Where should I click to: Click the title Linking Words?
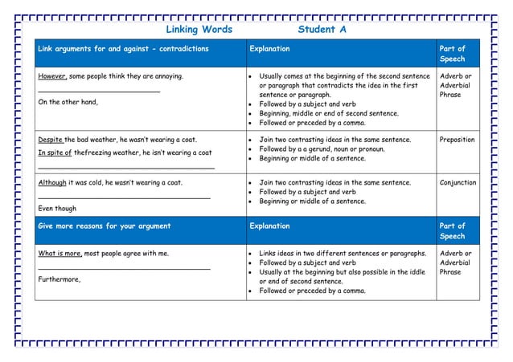tap(199, 30)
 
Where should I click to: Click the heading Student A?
tap(322, 30)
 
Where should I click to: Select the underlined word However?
tap(53, 76)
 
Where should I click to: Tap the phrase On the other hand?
tap(68, 102)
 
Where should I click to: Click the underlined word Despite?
tap(51, 140)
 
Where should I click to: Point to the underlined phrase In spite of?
tap(55, 153)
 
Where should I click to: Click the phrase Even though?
tap(57, 208)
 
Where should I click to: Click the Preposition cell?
tap(457, 140)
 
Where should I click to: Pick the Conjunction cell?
tap(458, 182)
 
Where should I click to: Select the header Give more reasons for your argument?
tap(105, 226)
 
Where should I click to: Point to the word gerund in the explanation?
tap(343, 149)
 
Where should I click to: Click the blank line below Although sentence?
tap(124, 196)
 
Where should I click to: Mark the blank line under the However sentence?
tap(99, 92)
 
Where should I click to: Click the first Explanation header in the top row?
tap(269, 49)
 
